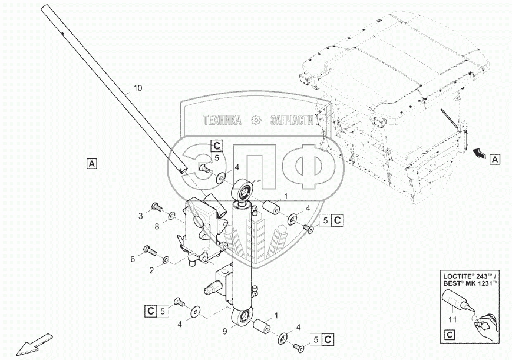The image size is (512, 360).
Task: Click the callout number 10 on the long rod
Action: (137, 88)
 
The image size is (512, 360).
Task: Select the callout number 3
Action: (141, 216)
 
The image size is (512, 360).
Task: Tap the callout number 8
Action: (156, 226)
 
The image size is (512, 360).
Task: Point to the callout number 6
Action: (133, 259)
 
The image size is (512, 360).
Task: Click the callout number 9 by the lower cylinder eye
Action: (224, 331)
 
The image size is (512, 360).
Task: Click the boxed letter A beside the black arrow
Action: (496, 159)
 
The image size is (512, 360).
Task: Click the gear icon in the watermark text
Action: (256, 120)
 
